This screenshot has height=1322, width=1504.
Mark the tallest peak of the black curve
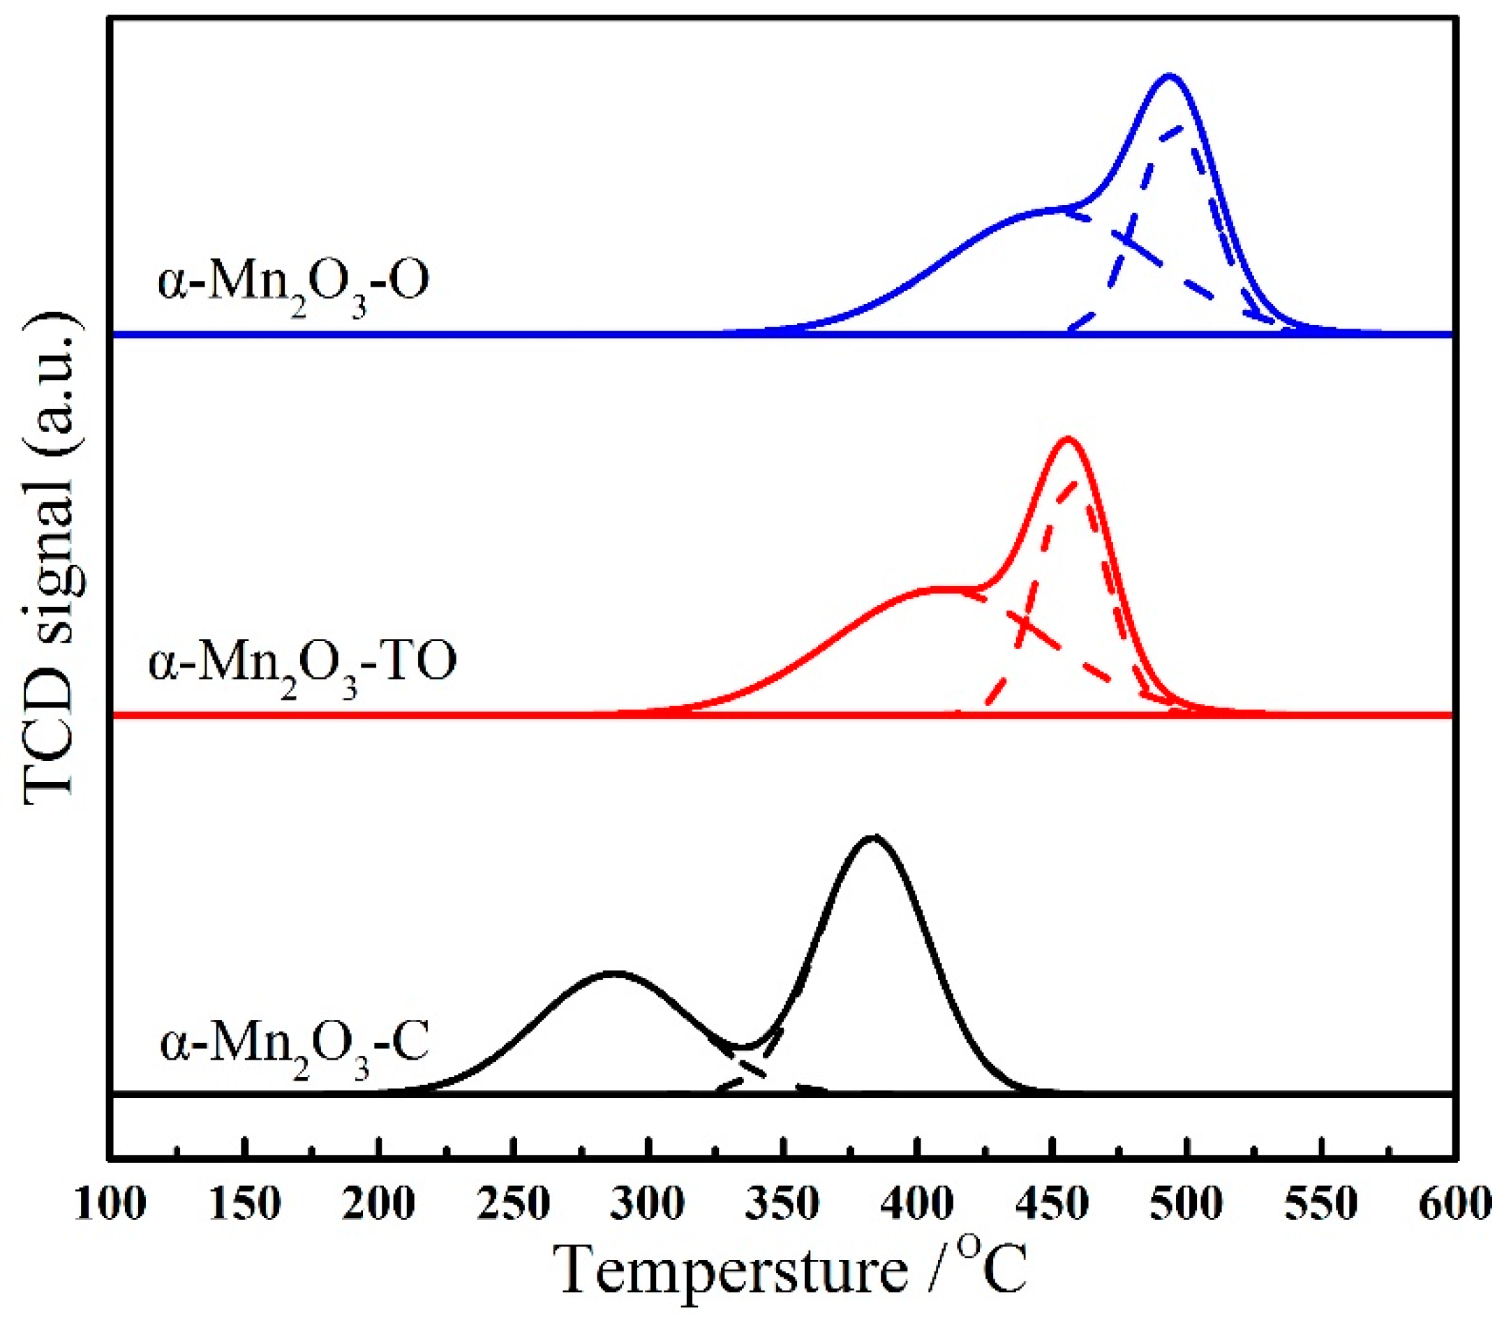872,837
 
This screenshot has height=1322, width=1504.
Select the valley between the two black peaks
745,1046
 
